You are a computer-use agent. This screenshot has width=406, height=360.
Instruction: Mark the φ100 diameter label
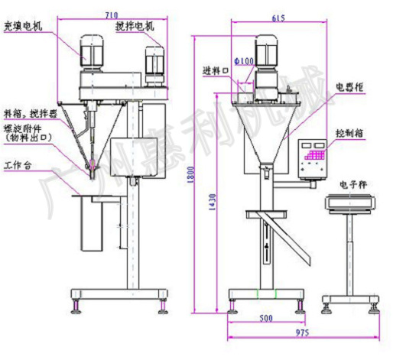pos(244,61)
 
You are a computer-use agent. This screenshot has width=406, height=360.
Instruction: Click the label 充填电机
pos(23,26)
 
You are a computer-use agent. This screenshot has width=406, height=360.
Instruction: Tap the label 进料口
pos(216,71)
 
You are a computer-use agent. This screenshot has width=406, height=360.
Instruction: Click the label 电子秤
pos(344,184)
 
